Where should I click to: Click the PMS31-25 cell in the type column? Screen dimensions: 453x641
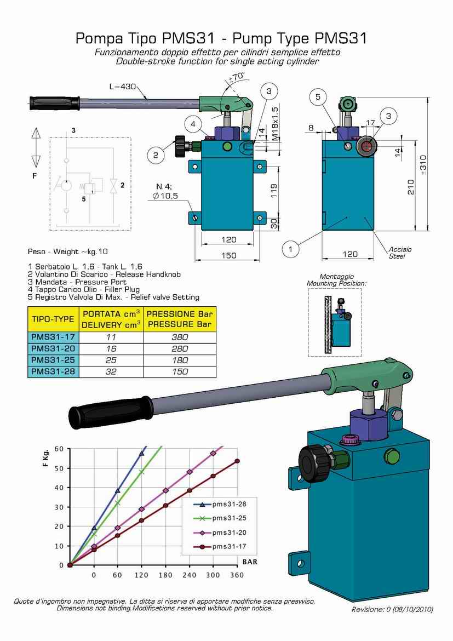click(53, 360)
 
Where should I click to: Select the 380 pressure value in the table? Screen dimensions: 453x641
click(180, 337)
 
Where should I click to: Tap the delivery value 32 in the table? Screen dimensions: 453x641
click(111, 371)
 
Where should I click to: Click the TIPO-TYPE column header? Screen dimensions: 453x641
click(53, 319)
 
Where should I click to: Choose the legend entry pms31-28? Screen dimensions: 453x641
click(229, 504)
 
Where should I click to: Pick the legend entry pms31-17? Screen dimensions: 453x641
click(229, 547)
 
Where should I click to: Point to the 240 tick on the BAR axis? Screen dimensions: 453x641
click(189, 575)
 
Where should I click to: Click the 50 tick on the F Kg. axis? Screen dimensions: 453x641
click(59, 468)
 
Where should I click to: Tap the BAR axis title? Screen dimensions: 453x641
click(250, 562)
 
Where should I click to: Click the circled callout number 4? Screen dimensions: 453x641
click(193, 124)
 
